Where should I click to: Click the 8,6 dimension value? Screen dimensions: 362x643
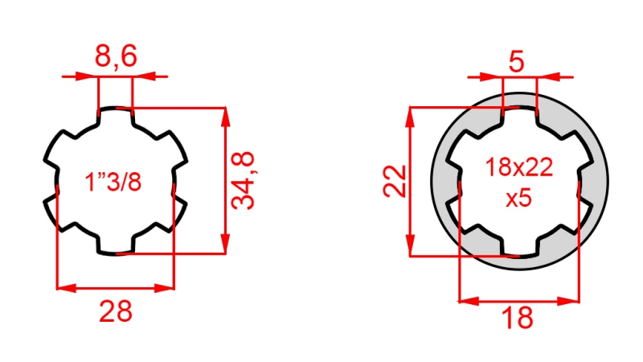pyautogui.click(x=116, y=57)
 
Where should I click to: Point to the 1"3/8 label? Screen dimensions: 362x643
pyautogui.click(x=113, y=182)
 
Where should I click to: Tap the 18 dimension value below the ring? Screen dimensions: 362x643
pyautogui.click(x=519, y=318)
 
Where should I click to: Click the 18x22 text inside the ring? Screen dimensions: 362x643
pyautogui.click(x=519, y=168)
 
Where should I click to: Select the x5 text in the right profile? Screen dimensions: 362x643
pyautogui.click(x=519, y=198)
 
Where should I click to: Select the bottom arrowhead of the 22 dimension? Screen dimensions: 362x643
pyautogui.click(x=411, y=248)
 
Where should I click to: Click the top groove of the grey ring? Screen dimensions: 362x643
pyautogui.click(x=519, y=113)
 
